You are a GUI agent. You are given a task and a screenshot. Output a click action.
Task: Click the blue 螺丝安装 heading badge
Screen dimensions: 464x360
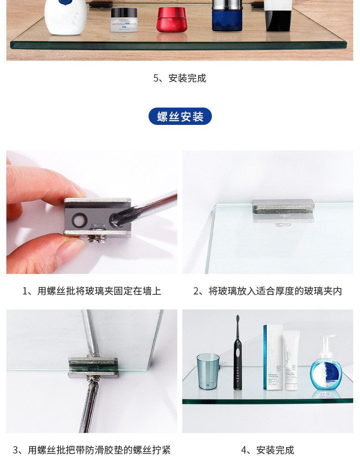[180, 117]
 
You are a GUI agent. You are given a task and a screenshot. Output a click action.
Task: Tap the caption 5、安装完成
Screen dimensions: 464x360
[180, 78]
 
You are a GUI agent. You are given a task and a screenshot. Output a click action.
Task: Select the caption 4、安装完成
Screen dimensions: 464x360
[267, 450]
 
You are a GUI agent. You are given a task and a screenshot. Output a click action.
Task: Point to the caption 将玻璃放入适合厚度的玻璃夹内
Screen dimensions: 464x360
[267, 291]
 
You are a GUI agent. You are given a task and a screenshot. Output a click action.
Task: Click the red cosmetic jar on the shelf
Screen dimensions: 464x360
[171, 20]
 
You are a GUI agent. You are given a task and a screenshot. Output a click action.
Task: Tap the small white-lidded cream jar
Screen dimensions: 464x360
[124, 20]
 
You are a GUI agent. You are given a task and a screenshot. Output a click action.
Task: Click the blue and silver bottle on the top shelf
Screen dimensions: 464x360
[226, 16]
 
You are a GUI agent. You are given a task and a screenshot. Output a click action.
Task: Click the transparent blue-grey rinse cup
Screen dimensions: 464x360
[208, 371]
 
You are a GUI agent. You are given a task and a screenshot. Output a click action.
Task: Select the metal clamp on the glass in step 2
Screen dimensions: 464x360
[283, 206]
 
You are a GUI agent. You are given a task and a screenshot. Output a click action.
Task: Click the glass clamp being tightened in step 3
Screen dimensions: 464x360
[93, 367]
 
